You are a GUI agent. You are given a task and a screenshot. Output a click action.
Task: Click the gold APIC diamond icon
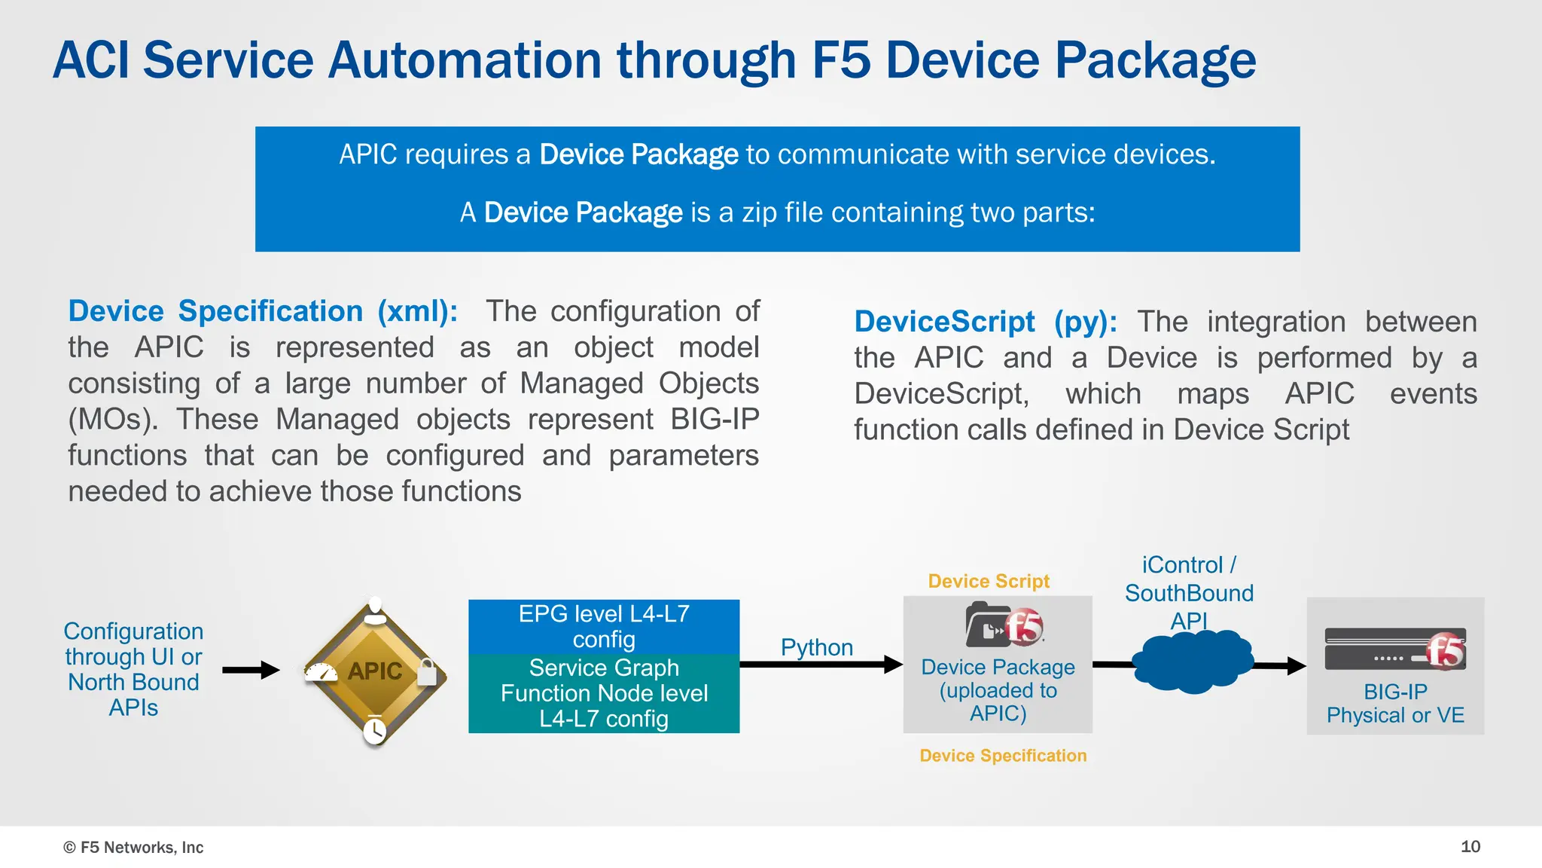click(x=374, y=670)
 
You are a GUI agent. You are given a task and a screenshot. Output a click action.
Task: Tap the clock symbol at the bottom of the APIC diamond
click(x=374, y=729)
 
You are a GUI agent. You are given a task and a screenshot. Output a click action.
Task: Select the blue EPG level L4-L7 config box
click(x=604, y=626)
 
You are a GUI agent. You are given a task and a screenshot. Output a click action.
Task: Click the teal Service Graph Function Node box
click(x=604, y=693)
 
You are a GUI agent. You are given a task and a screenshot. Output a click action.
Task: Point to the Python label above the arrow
click(x=816, y=647)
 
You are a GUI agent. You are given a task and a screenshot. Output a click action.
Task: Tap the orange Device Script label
click(x=988, y=581)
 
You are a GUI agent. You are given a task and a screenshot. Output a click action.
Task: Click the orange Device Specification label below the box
click(x=1003, y=756)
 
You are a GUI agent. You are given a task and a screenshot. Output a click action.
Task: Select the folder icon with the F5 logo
click(x=1004, y=625)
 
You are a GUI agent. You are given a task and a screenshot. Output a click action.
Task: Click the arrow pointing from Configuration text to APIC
click(x=251, y=670)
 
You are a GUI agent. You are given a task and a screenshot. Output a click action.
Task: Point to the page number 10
click(x=1470, y=846)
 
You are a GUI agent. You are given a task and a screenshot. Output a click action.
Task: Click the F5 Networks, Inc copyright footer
click(x=133, y=848)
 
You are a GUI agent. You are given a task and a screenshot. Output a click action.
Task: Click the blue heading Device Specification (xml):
click(x=263, y=311)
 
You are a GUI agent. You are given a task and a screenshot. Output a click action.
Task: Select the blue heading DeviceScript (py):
click(x=985, y=322)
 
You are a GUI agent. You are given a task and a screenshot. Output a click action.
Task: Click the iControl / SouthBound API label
click(x=1189, y=592)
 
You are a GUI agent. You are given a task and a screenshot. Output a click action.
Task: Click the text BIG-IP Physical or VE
click(x=1395, y=703)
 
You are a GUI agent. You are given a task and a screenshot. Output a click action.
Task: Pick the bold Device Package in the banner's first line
click(x=638, y=154)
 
